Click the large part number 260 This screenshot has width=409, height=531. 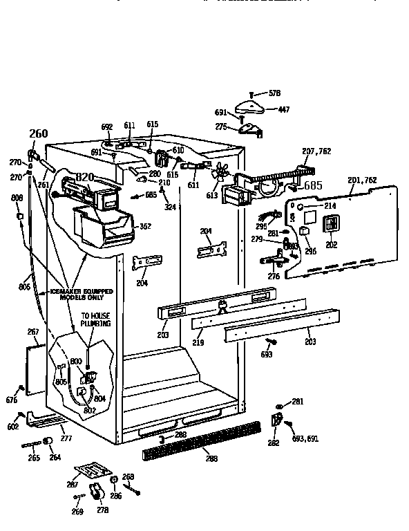coord(39,134)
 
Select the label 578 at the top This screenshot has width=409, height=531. coord(274,93)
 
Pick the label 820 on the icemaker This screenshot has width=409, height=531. coord(84,178)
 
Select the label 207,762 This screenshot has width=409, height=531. coord(316,151)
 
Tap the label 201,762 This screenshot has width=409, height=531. coord(363,180)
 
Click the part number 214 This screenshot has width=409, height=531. coord(331,206)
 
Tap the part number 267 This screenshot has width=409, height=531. coord(32,332)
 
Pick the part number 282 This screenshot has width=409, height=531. coord(274,442)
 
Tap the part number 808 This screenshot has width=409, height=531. coord(17,198)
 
